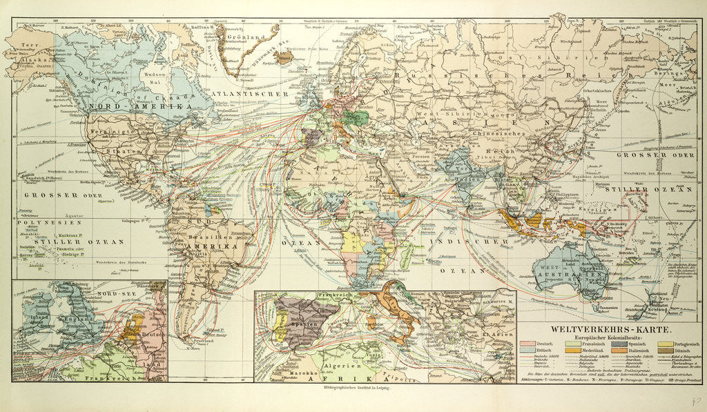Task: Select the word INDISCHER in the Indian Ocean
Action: [456, 242]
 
